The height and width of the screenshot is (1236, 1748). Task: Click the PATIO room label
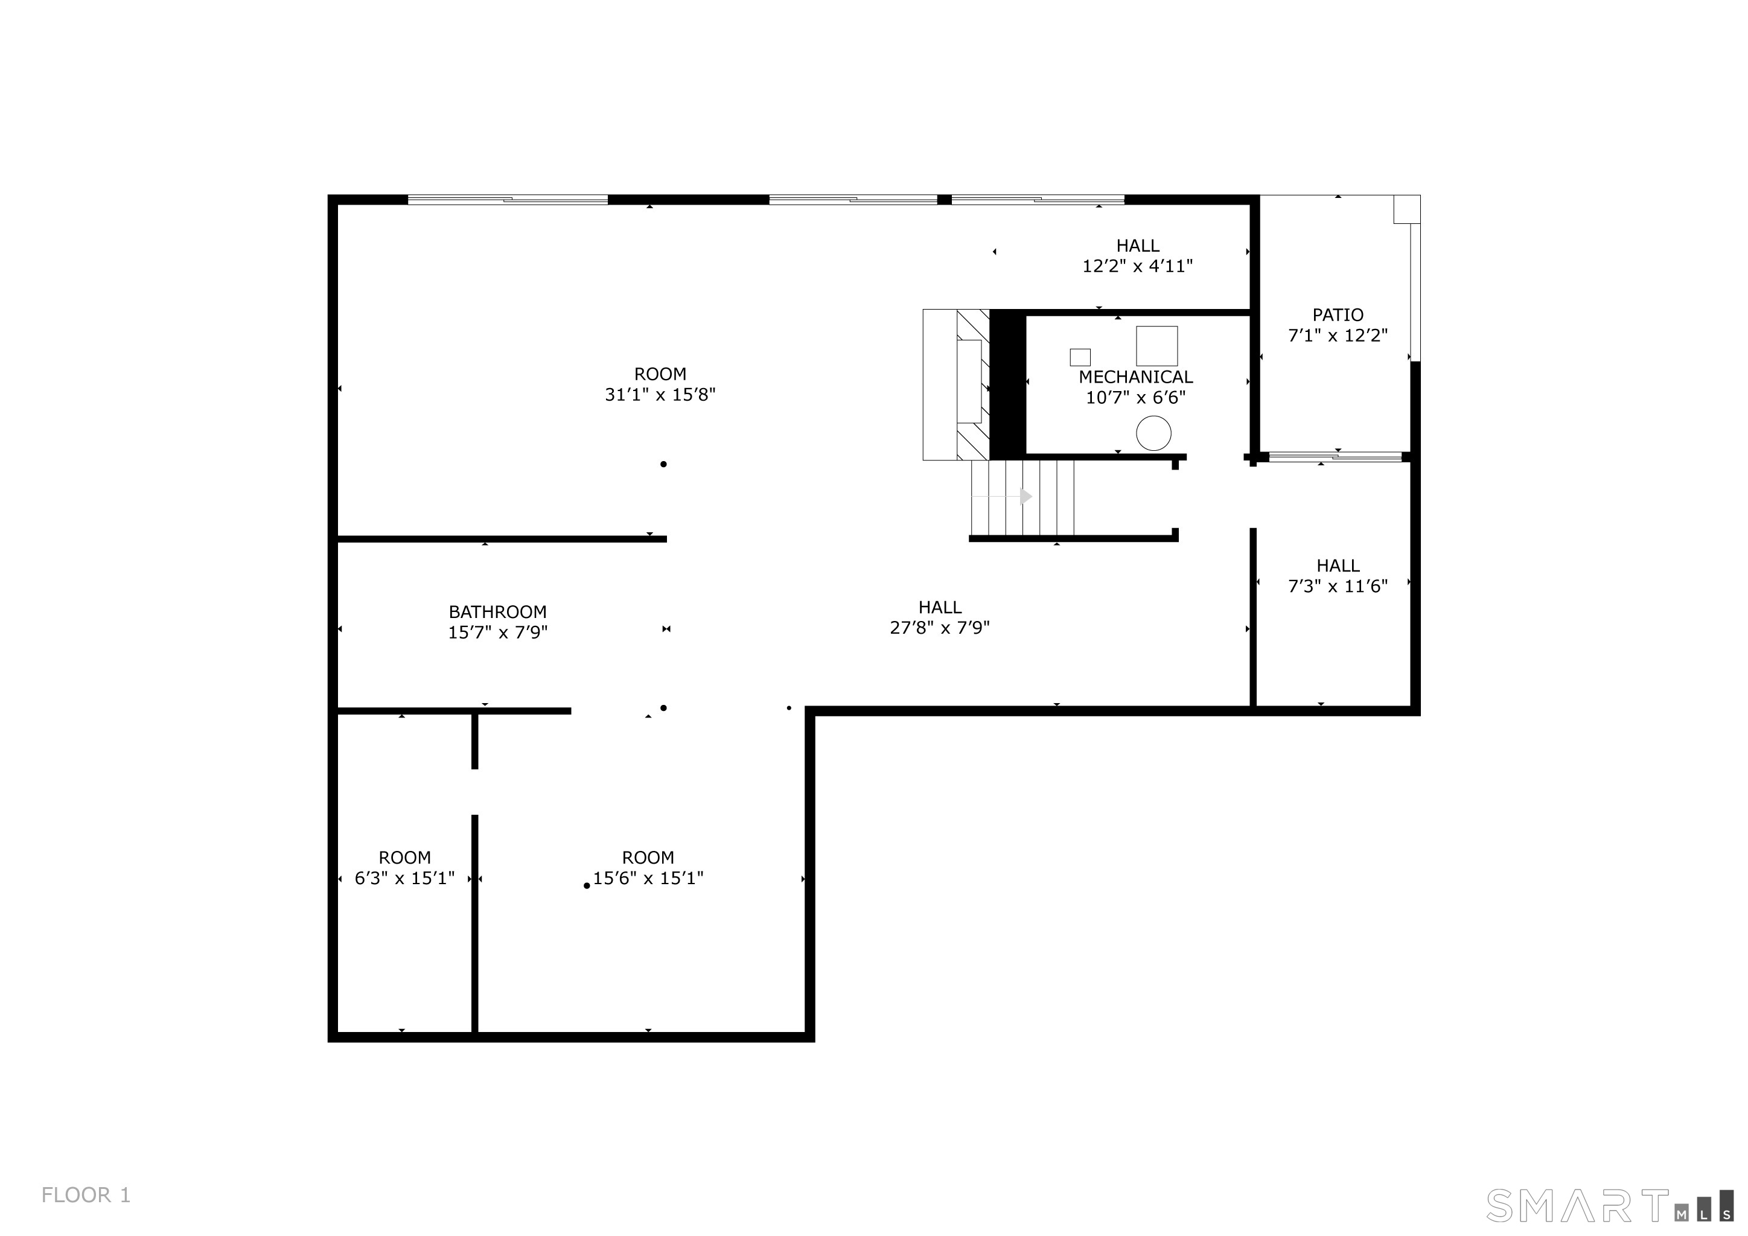[x=1338, y=314]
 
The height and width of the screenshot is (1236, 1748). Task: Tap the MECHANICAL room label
[x=1136, y=377]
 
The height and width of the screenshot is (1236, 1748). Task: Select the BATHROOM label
[x=497, y=612]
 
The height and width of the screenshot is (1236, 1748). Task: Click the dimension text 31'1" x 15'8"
[x=660, y=394]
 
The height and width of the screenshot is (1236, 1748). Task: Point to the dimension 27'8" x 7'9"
[x=939, y=627]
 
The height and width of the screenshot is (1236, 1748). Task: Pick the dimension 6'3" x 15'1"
[x=404, y=878]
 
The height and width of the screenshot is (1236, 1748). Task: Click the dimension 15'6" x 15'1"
[x=648, y=878]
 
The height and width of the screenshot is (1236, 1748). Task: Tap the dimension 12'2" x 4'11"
[x=1137, y=266]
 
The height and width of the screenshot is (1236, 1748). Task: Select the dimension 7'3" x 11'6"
[x=1338, y=585]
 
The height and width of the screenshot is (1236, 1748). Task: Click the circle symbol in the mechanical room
[x=1153, y=433]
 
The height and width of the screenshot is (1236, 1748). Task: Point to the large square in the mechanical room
[x=1156, y=346]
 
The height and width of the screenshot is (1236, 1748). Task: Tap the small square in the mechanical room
[x=1080, y=357]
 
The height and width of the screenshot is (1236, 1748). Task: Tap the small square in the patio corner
[x=1407, y=209]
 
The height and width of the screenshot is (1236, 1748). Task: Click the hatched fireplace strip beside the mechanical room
[x=973, y=384]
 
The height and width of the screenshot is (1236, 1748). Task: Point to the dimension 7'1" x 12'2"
[x=1338, y=335]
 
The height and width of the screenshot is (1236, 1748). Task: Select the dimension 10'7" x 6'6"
[x=1136, y=397]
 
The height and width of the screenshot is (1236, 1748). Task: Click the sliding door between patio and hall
[x=1335, y=457]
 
